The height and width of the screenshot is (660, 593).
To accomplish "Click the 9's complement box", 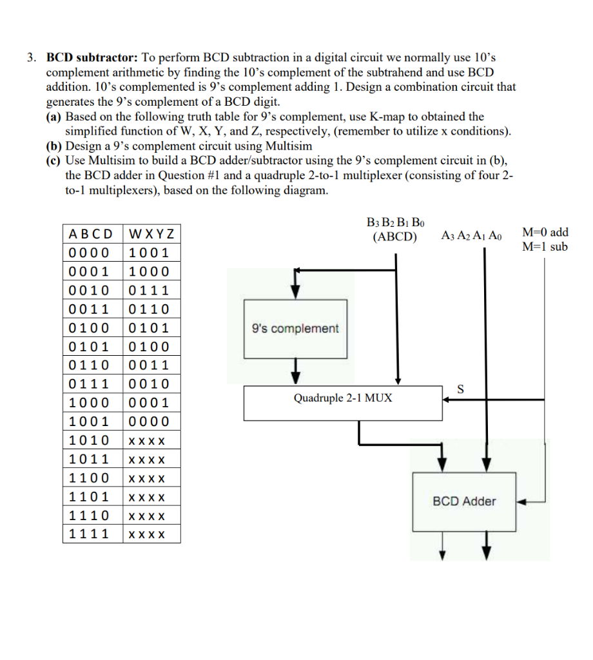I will click(295, 329).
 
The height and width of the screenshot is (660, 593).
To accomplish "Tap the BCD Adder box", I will click(464, 501).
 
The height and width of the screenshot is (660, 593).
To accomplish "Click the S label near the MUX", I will click(460, 389).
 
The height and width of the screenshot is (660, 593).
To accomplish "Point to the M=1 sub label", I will click(545, 246).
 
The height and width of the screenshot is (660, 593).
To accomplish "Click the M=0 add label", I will click(545, 233).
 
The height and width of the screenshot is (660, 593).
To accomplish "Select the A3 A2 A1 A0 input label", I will click(471, 236).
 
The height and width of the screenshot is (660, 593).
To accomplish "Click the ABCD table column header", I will click(92, 233).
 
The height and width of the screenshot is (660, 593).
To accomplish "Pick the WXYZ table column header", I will click(151, 233).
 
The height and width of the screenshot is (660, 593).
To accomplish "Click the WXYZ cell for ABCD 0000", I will click(149, 252).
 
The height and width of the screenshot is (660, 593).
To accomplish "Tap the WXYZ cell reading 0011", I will click(149, 365).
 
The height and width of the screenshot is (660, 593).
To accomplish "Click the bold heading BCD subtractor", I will click(91, 57).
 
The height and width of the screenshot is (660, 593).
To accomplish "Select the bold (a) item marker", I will click(53, 117).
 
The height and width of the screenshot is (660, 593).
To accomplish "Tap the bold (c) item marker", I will click(53, 160).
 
